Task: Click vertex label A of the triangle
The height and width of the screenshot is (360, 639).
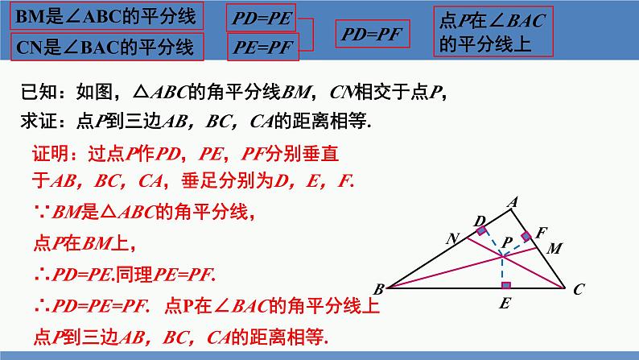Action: pos(510,204)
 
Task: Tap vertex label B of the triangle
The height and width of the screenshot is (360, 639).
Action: pos(379,288)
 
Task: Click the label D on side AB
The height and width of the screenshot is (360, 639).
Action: pos(479,221)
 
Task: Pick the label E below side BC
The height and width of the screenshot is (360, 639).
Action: pos(504,304)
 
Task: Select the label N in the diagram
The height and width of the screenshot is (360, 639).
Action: pos(452,239)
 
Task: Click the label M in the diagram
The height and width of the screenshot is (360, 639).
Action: pos(554,249)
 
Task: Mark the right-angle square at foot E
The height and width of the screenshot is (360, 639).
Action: pos(505,284)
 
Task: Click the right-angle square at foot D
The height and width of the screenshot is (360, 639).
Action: pos(482,232)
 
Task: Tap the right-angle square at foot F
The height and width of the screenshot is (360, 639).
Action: pos(527,236)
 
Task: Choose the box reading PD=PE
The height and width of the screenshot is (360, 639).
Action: pos(263,16)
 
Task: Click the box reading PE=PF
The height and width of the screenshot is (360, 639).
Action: pos(263,47)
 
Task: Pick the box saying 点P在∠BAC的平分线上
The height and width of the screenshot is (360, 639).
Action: pos(493,31)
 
